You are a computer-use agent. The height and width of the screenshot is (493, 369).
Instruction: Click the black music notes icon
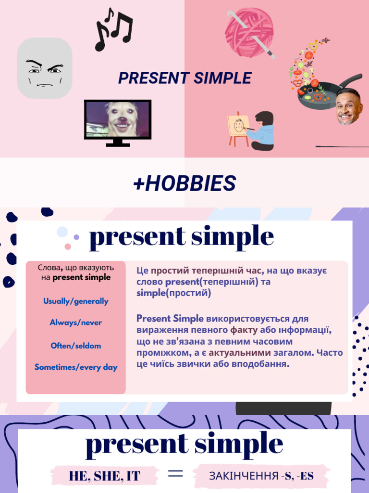(113, 29)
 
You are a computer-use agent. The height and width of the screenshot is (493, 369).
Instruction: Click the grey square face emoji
(45, 68)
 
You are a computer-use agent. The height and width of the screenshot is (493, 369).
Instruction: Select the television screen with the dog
(118, 119)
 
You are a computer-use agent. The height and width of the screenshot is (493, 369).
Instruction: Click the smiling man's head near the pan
(348, 107)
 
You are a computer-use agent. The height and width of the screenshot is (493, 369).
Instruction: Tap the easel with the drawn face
(238, 127)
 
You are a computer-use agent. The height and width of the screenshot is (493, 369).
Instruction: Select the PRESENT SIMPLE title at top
(185, 78)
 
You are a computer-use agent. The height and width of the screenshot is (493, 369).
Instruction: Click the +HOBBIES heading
(184, 183)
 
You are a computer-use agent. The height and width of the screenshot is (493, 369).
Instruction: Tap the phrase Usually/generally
(76, 301)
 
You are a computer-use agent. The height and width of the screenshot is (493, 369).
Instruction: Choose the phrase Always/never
(76, 323)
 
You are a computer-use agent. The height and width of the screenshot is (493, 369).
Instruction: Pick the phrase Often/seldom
(76, 346)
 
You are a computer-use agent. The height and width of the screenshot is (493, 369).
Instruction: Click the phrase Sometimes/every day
(76, 367)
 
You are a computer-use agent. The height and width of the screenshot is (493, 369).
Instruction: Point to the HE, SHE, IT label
(105, 476)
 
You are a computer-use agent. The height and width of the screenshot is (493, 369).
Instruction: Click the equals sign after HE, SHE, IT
(175, 474)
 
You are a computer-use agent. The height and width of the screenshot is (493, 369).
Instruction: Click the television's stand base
(118, 143)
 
